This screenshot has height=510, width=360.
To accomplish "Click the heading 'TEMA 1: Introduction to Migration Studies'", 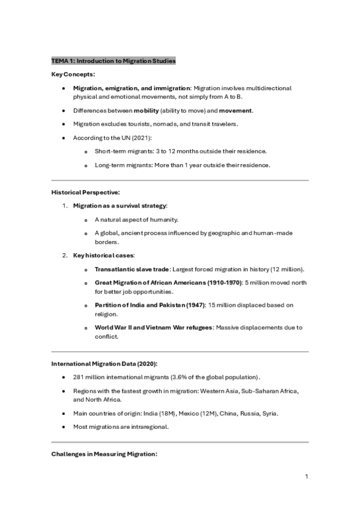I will coord(113,61).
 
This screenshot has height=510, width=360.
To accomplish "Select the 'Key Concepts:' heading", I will coord(73,75).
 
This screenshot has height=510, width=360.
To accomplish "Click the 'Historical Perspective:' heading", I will coord(85,192).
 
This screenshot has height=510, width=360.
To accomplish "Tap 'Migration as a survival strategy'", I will coord(120,206).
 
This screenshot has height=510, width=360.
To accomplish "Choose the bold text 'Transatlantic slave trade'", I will coord(132,269).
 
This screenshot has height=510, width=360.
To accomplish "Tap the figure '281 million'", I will coord(88,377).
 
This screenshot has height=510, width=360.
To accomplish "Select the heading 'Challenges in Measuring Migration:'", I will coord(104,454).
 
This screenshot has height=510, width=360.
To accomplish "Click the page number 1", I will coord(307,477).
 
